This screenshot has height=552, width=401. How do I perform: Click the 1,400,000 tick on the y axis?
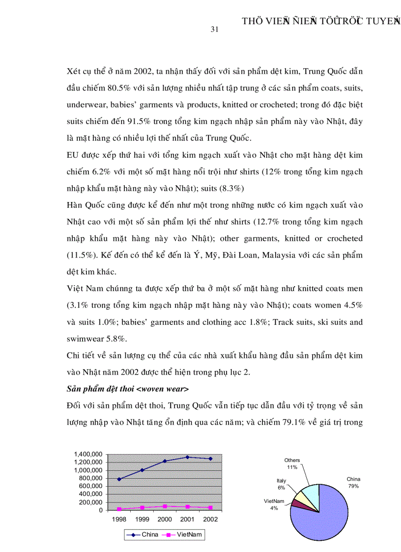(88, 454)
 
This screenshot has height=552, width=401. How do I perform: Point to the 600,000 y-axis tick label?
(91, 486)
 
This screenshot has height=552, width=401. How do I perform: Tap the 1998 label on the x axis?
(119, 519)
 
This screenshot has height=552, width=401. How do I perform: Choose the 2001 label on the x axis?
(187, 519)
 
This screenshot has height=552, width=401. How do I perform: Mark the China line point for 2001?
(187, 457)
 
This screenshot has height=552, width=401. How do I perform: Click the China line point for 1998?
(119, 479)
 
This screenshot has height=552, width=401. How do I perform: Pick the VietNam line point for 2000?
(165, 506)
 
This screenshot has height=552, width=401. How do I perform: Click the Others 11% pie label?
(292, 464)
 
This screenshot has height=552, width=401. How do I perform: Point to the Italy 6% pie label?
(281, 484)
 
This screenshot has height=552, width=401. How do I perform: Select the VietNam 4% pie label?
(274, 504)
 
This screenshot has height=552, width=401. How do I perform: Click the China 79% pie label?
(353, 482)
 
